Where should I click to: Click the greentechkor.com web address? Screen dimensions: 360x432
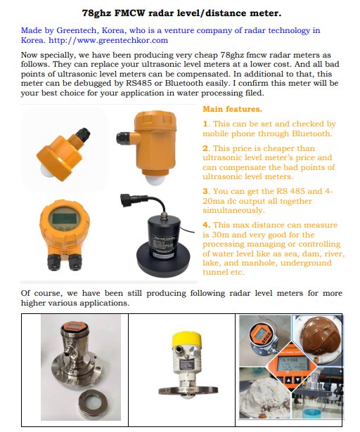click(108, 40)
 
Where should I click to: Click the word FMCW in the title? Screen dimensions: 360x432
click(129, 13)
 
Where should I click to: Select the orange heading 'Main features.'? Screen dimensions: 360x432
click(232, 109)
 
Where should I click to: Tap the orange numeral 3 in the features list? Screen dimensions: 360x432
click(205, 191)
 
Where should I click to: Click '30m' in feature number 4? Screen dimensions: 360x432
click(221, 235)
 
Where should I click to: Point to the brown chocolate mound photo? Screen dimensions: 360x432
click(316, 340)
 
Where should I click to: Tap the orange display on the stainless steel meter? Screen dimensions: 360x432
click(75, 327)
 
